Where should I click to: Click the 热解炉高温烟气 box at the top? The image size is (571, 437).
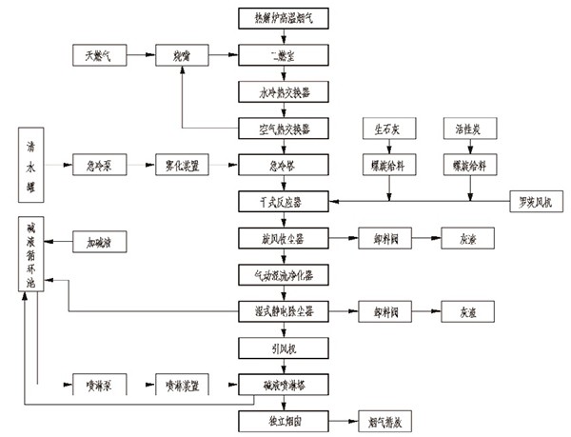283,19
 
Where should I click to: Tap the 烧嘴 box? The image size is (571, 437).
183,56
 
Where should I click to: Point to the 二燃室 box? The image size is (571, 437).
283,56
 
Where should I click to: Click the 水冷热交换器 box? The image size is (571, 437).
283,92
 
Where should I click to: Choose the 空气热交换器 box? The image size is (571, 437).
283,127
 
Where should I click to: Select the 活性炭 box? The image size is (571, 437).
469,127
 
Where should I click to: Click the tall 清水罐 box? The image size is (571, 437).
32,165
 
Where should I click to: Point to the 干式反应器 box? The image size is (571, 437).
283,201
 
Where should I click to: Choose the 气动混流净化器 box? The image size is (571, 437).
283,274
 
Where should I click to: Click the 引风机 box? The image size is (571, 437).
283,347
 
